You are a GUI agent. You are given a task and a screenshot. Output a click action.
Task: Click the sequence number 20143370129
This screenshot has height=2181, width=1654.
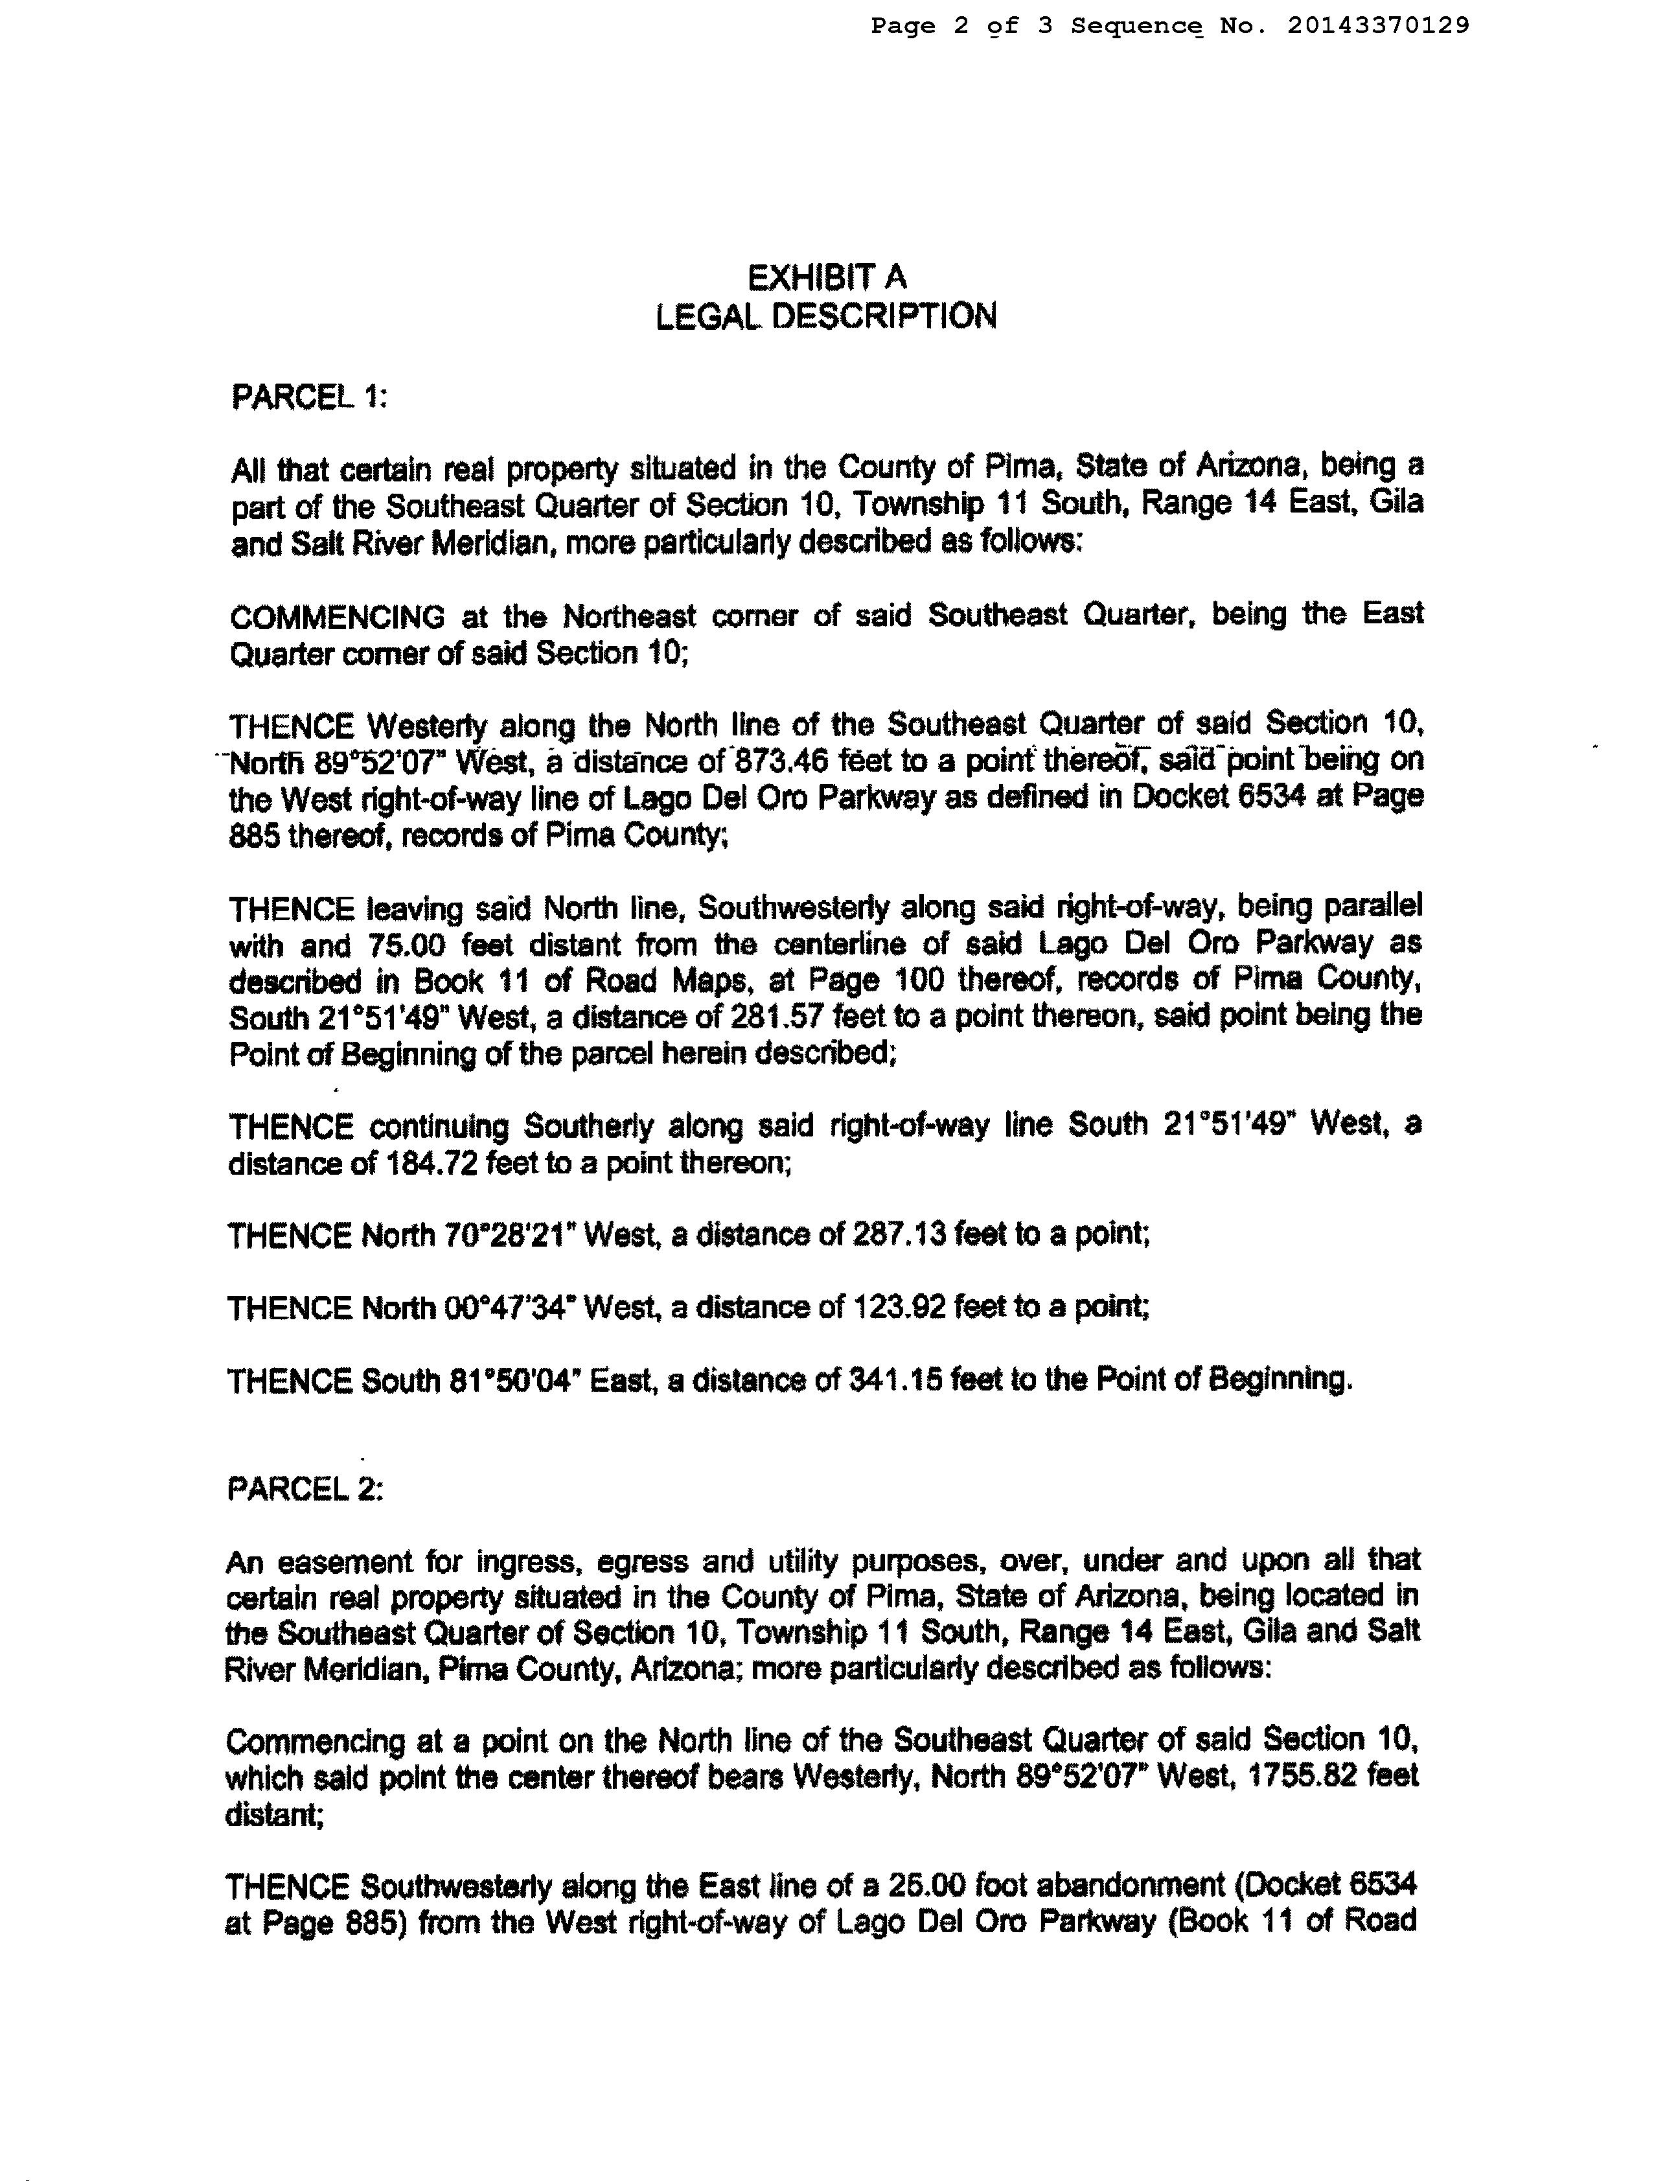(1377, 26)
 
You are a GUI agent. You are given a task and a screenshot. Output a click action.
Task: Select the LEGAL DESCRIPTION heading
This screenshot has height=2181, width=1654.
(826, 316)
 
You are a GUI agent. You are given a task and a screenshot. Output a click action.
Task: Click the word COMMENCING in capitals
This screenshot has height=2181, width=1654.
(337, 617)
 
